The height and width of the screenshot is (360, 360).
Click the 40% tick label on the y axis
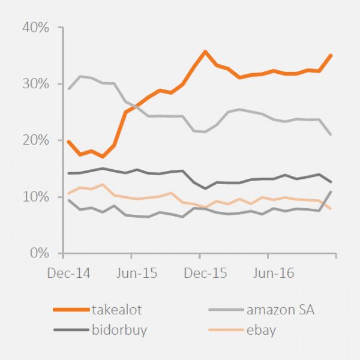[36, 28]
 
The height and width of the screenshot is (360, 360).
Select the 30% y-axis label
[36, 84]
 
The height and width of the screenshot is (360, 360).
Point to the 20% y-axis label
[36, 140]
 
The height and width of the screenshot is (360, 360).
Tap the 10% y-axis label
[36, 197]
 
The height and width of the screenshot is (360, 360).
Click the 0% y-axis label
[40, 253]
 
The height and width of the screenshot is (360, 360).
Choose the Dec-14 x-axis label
[68, 274]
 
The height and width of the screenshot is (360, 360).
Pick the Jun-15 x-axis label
[137, 274]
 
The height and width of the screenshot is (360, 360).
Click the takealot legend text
[117, 310]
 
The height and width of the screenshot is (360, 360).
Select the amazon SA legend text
[280, 310]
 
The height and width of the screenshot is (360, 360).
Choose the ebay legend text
[261, 329]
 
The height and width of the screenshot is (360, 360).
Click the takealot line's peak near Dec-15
[205, 52]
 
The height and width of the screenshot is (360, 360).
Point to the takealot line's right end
[331, 55]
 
